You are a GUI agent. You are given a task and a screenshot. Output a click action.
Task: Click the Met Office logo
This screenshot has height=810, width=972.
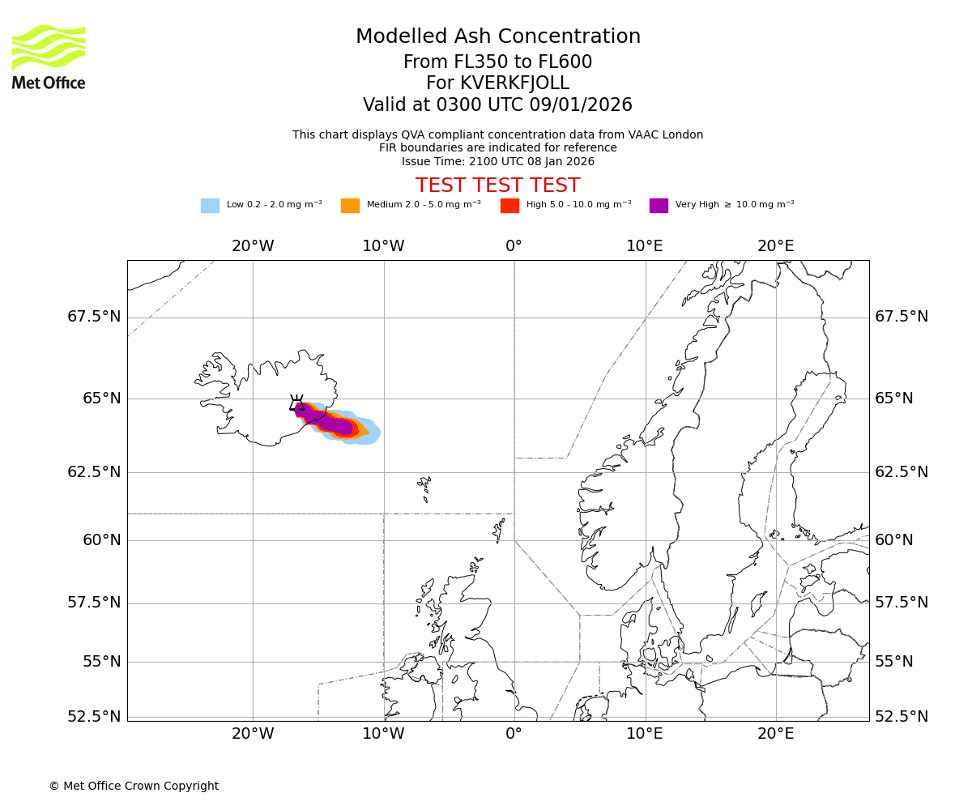coord(49,57)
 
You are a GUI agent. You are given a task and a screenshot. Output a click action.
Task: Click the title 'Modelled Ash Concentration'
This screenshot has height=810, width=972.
coord(497,37)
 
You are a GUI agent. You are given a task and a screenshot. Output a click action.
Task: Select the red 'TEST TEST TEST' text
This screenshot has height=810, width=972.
coord(497,185)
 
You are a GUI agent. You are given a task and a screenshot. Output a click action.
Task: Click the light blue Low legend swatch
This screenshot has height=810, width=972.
coord(210,206)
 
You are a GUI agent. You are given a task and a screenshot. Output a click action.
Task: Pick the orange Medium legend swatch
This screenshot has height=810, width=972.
coord(350,206)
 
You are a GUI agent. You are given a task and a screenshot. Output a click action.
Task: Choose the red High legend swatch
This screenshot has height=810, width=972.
coord(509,206)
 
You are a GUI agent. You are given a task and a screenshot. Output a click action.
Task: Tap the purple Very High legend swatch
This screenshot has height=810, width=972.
coord(659,206)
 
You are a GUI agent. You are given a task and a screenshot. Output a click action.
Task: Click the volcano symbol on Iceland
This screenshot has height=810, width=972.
coord(297,403)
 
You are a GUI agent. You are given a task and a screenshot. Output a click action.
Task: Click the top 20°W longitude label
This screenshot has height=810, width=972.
coord(253,245)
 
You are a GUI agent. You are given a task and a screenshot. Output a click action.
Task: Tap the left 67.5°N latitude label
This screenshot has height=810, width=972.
coord(94,317)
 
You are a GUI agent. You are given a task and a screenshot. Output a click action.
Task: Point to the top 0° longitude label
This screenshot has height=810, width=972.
coord(514,245)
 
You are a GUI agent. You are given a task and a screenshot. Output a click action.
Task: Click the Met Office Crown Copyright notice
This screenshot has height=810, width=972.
coord(134,787)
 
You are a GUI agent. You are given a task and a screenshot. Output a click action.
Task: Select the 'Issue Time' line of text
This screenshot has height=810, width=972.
coord(497,161)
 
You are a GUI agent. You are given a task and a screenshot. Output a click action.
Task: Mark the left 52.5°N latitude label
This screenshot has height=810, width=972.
coord(94,717)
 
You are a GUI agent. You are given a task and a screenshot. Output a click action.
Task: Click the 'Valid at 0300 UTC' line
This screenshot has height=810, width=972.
coord(497,105)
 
